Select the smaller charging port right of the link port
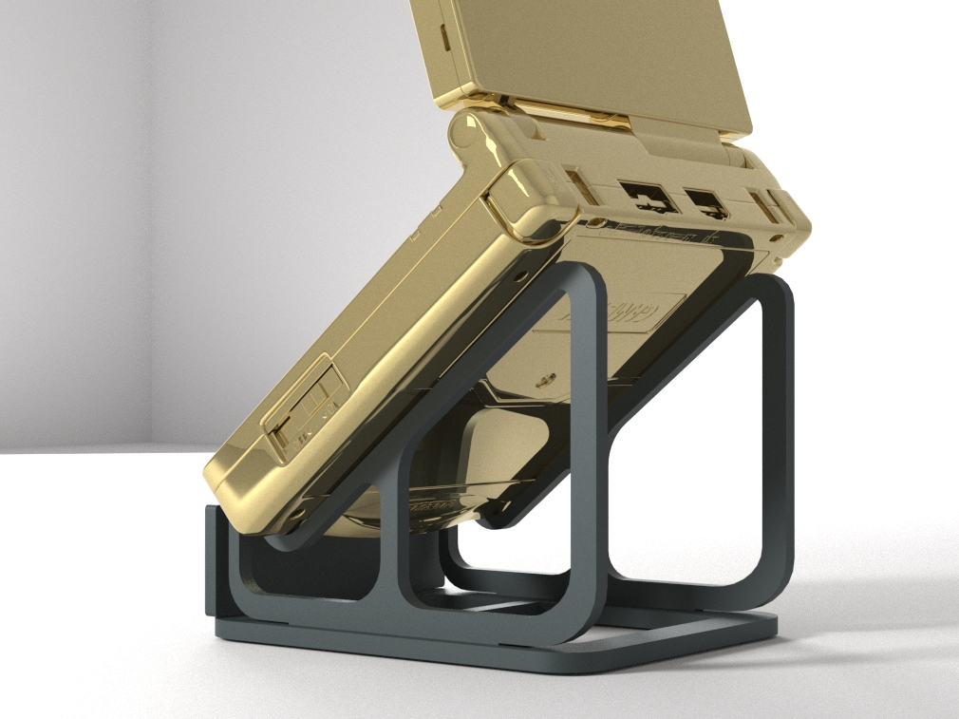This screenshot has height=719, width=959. coord(705,202)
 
